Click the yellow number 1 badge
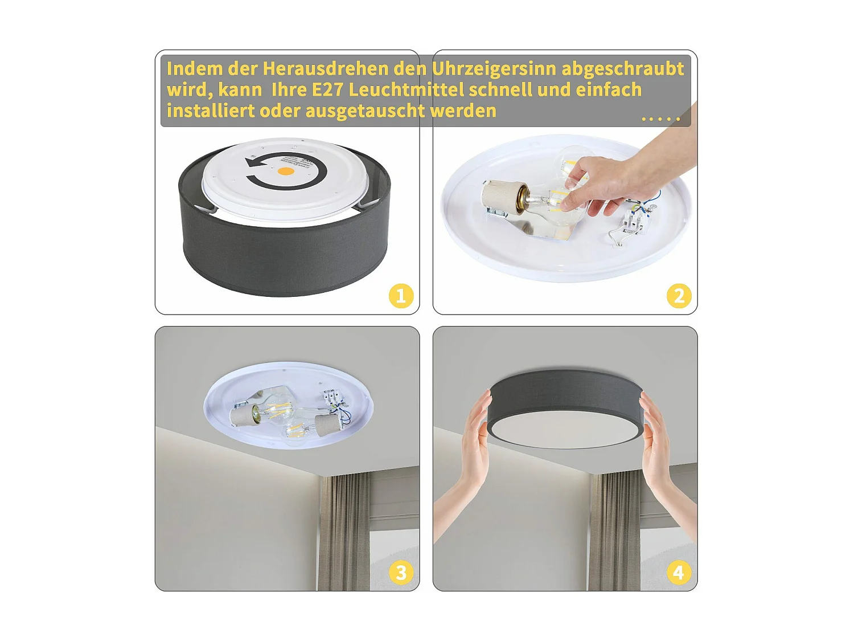(401, 296)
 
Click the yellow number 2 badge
(679, 296)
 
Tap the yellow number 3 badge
(401, 573)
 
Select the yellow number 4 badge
(679, 573)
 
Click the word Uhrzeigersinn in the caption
(494, 69)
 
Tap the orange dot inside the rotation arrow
(286, 171)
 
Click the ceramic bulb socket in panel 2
(503, 197)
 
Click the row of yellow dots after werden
(660, 119)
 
